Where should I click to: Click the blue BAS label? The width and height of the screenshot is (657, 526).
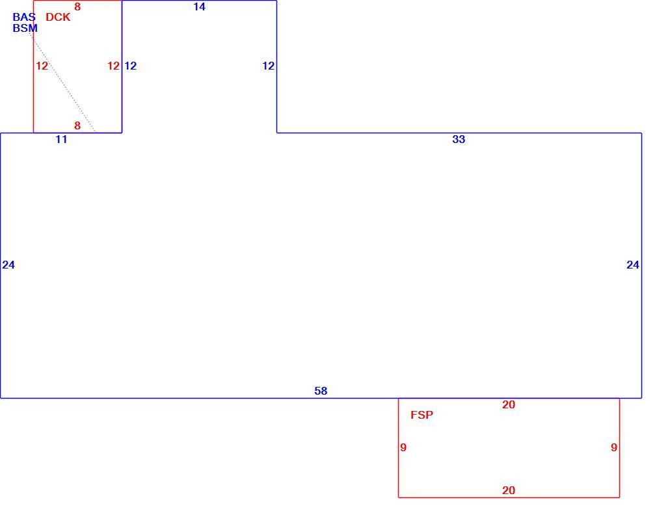tap(24, 17)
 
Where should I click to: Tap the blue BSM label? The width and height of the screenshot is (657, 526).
tap(25, 28)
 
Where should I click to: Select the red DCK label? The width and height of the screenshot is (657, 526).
tap(58, 17)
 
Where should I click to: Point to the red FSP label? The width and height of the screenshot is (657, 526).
tap(422, 415)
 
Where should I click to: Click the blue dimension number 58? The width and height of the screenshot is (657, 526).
tap(321, 391)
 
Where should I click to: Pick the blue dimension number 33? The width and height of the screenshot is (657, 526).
tap(459, 139)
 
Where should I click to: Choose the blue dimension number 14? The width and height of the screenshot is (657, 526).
tap(200, 7)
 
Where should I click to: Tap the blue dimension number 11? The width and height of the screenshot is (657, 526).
tap(61, 139)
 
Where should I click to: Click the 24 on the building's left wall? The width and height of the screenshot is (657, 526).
tap(8, 265)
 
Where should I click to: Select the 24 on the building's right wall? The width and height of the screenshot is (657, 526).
tap(633, 265)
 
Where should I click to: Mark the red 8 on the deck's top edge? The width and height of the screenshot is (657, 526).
tap(77, 7)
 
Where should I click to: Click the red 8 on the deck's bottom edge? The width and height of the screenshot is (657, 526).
tap(77, 125)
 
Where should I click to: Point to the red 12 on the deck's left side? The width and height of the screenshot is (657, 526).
tap(42, 66)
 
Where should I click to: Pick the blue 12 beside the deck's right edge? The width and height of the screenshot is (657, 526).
tap(130, 66)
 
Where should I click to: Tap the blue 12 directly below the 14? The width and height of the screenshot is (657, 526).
tap(268, 66)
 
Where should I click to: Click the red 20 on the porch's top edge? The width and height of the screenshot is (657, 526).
tap(508, 404)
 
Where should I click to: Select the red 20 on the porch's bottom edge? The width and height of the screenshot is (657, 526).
tap(508, 490)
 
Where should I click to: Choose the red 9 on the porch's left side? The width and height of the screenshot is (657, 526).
tap(403, 447)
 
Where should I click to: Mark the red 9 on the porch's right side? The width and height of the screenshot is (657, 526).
tap(614, 447)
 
